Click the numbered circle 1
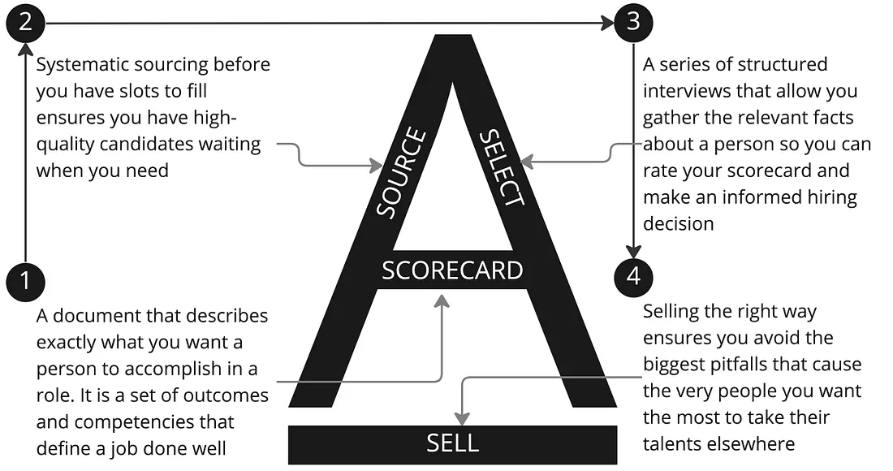(x=25, y=280)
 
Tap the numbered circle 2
(x=25, y=22)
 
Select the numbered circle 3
(x=633, y=22)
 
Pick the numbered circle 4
(x=633, y=276)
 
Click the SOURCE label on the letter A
(x=401, y=172)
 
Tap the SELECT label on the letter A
(x=503, y=168)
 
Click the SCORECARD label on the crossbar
(x=452, y=270)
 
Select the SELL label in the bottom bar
(x=452, y=443)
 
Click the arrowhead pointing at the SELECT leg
(x=527, y=162)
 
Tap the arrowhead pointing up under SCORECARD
(x=442, y=300)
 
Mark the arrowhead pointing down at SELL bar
(x=462, y=418)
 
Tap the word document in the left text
(x=98, y=315)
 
